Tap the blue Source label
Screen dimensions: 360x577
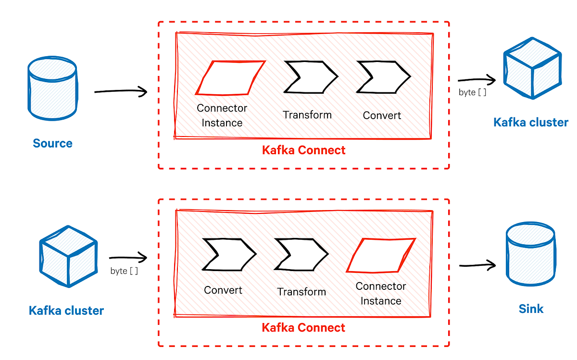[x=52, y=143]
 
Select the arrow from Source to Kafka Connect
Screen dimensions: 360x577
[x=120, y=91]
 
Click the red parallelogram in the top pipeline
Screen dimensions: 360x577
[x=230, y=77]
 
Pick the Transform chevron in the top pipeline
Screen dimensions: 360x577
[x=310, y=77]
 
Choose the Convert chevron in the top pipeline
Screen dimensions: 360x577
[x=383, y=77]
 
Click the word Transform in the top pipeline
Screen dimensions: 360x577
[x=307, y=115]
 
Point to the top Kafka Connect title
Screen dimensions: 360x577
[x=303, y=150]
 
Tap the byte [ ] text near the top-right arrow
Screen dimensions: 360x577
[x=472, y=92]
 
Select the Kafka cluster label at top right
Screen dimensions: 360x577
[x=530, y=122]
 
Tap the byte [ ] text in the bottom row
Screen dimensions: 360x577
[x=124, y=271]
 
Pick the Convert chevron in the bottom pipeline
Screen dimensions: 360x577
[x=228, y=254]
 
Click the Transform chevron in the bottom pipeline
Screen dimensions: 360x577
[x=301, y=254]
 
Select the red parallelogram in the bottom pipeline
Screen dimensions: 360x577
[x=381, y=255]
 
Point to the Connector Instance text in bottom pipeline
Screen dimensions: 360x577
[x=381, y=293]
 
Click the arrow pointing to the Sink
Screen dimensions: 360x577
[x=477, y=265]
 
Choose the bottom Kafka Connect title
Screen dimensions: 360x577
[x=303, y=328]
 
